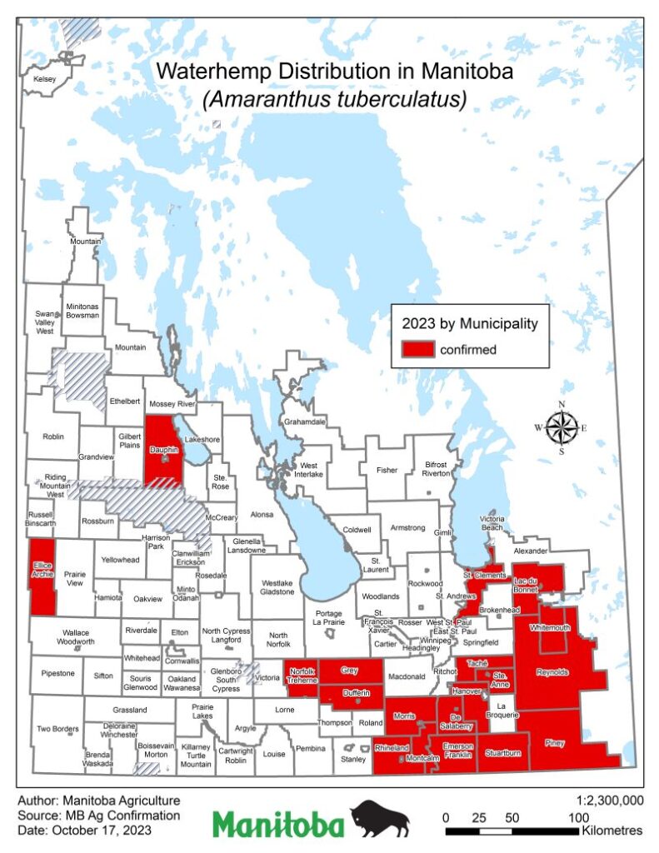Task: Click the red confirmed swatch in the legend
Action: pyautogui.click(x=417, y=349)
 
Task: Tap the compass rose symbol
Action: pyautogui.click(x=562, y=428)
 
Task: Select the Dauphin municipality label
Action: pyautogui.click(x=164, y=451)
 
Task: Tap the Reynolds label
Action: pyautogui.click(x=552, y=671)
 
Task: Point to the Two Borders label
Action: pyautogui.click(x=57, y=729)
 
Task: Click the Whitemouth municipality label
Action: pyautogui.click(x=551, y=627)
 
